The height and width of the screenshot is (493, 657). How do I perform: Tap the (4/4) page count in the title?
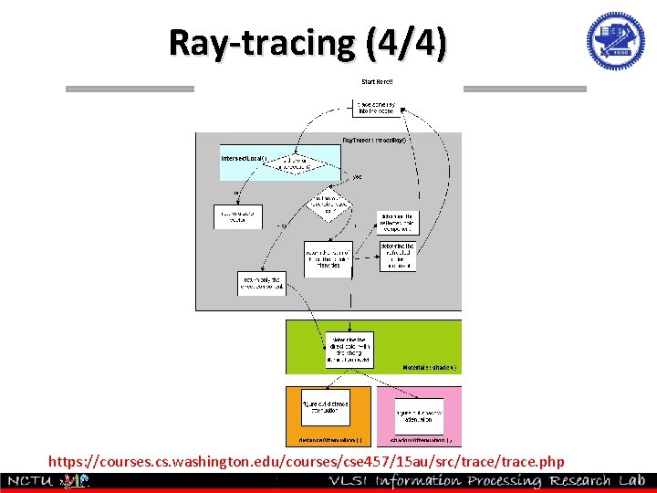tap(406, 42)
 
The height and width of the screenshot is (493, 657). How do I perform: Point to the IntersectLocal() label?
tap(245, 158)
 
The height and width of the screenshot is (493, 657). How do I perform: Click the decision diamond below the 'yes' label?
tap(329, 205)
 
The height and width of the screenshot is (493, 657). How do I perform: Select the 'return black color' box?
tap(238, 216)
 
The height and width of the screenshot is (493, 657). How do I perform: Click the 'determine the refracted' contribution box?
tap(397, 256)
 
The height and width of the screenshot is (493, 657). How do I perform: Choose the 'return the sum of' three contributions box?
tap(328, 255)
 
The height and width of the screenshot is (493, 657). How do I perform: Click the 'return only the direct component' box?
tap(262, 283)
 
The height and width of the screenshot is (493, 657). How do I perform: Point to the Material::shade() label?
tap(430, 367)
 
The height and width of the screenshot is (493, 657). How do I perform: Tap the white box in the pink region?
tap(419, 416)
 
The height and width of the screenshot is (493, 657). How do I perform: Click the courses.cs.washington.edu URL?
tap(307, 462)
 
